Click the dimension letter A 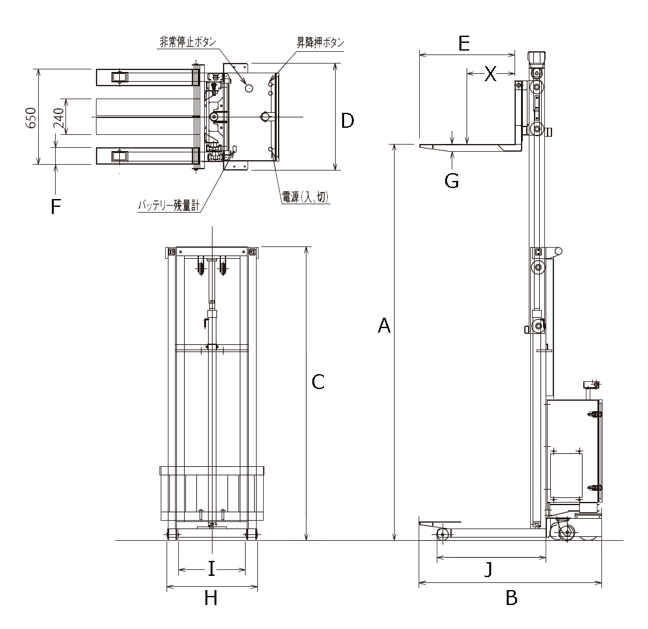(x=384, y=326)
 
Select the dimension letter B (x=511, y=598)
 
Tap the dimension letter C (x=318, y=383)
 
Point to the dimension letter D (x=348, y=121)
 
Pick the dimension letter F (x=56, y=207)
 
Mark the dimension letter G (x=452, y=180)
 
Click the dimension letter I (x=211, y=569)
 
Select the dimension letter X (x=491, y=75)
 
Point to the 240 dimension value (x=58, y=117)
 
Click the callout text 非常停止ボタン (x=187, y=42)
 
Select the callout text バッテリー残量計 (x=168, y=206)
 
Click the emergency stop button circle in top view (x=249, y=86)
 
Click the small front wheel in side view (x=443, y=535)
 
